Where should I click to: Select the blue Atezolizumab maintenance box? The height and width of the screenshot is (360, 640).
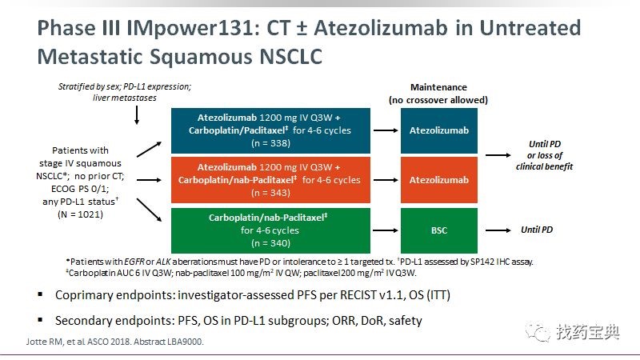click(438, 130)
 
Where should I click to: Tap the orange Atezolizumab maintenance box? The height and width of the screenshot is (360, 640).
click(438, 180)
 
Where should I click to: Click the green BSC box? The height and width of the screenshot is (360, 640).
click(438, 230)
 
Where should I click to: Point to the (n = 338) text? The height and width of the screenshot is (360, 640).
click(270, 143)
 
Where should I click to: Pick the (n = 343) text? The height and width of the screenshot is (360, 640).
click(270, 193)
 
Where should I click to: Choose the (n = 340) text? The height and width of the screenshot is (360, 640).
click(270, 243)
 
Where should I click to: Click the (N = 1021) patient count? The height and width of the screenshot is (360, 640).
click(81, 214)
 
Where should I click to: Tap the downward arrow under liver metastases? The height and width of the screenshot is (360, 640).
click(137, 115)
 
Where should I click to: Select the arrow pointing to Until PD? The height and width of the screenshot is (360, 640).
click(498, 230)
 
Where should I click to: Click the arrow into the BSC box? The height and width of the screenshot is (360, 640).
click(386, 230)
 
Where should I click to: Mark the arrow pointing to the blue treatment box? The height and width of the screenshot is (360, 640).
click(149, 150)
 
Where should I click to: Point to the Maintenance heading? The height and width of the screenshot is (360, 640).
click(438, 87)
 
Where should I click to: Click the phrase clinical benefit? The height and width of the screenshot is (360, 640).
click(544, 166)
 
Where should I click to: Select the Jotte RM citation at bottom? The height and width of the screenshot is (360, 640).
click(114, 342)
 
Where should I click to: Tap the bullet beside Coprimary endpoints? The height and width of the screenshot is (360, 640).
click(40, 294)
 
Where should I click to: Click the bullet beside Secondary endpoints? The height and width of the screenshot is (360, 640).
click(40, 320)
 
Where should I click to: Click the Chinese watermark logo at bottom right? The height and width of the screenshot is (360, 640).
click(573, 332)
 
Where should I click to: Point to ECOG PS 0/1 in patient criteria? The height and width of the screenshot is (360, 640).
click(80, 189)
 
